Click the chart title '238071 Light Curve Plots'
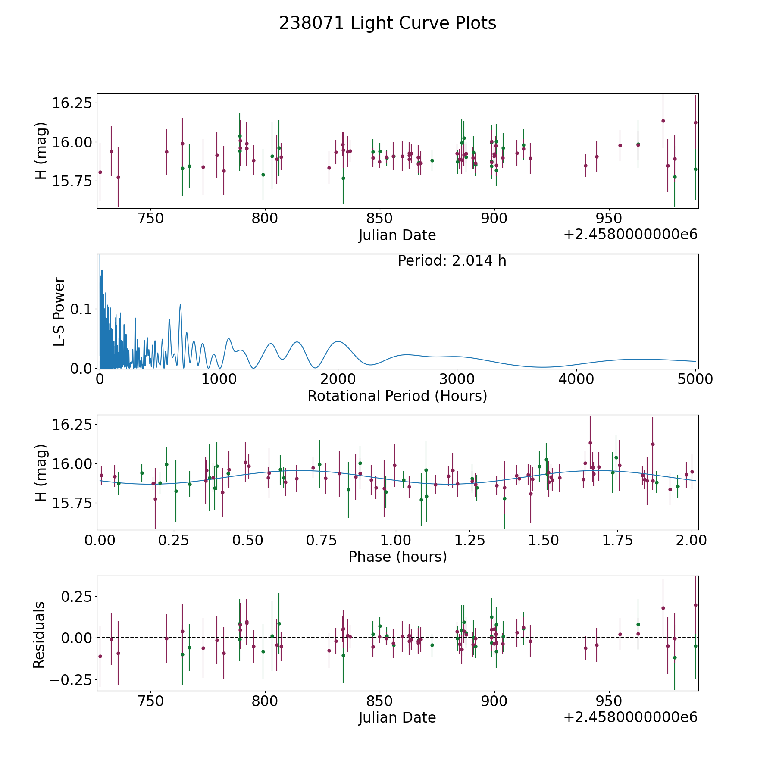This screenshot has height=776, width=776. [388, 23]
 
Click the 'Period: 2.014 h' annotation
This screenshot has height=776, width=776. [452, 261]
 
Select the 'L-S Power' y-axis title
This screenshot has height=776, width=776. [59, 311]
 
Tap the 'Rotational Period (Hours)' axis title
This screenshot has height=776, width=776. [397, 396]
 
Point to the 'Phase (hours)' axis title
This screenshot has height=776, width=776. [397, 557]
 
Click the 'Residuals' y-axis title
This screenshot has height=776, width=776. [39, 635]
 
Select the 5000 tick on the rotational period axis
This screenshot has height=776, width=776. [695, 379]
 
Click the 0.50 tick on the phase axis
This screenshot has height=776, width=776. [247, 540]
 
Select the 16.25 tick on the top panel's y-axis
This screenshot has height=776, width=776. [72, 103]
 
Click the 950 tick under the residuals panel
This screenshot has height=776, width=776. [609, 701]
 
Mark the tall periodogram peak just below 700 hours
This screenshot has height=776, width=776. [180, 305]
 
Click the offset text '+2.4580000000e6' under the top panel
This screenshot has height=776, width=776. [630, 235]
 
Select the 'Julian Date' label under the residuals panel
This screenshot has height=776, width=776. [397, 718]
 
